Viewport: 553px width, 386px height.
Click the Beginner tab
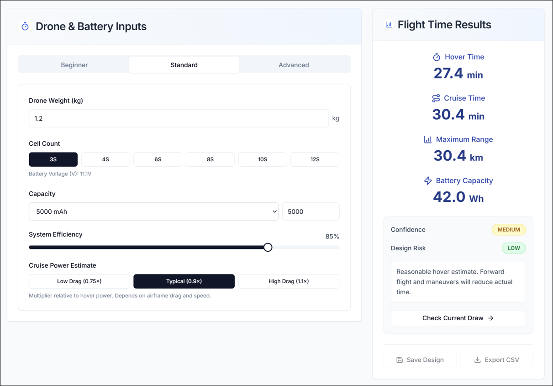pos(74,65)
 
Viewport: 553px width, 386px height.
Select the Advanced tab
pos(294,65)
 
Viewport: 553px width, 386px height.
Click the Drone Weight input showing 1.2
pos(178,118)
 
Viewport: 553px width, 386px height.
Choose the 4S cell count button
pos(105,159)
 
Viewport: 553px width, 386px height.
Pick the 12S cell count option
pos(315,159)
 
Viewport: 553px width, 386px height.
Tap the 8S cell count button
pos(210,159)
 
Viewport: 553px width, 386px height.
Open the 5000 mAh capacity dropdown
pos(153,212)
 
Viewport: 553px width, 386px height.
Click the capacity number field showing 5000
pos(311,212)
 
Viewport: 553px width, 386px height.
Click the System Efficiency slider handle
pos(268,247)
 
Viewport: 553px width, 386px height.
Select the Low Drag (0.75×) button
pos(79,281)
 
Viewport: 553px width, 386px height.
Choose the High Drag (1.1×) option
pos(289,281)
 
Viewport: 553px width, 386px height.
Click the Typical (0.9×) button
pos(184,281)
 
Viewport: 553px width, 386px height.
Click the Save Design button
pos(420,360)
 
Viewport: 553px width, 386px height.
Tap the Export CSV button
pos(496,360)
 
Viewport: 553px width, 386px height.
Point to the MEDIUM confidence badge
pos(509,230)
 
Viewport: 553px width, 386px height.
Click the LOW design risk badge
pos(514,249)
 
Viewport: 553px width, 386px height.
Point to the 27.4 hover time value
pos(448,74)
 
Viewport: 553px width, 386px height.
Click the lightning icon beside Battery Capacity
pos(428,180)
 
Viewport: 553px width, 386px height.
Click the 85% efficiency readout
pos(332,237)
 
